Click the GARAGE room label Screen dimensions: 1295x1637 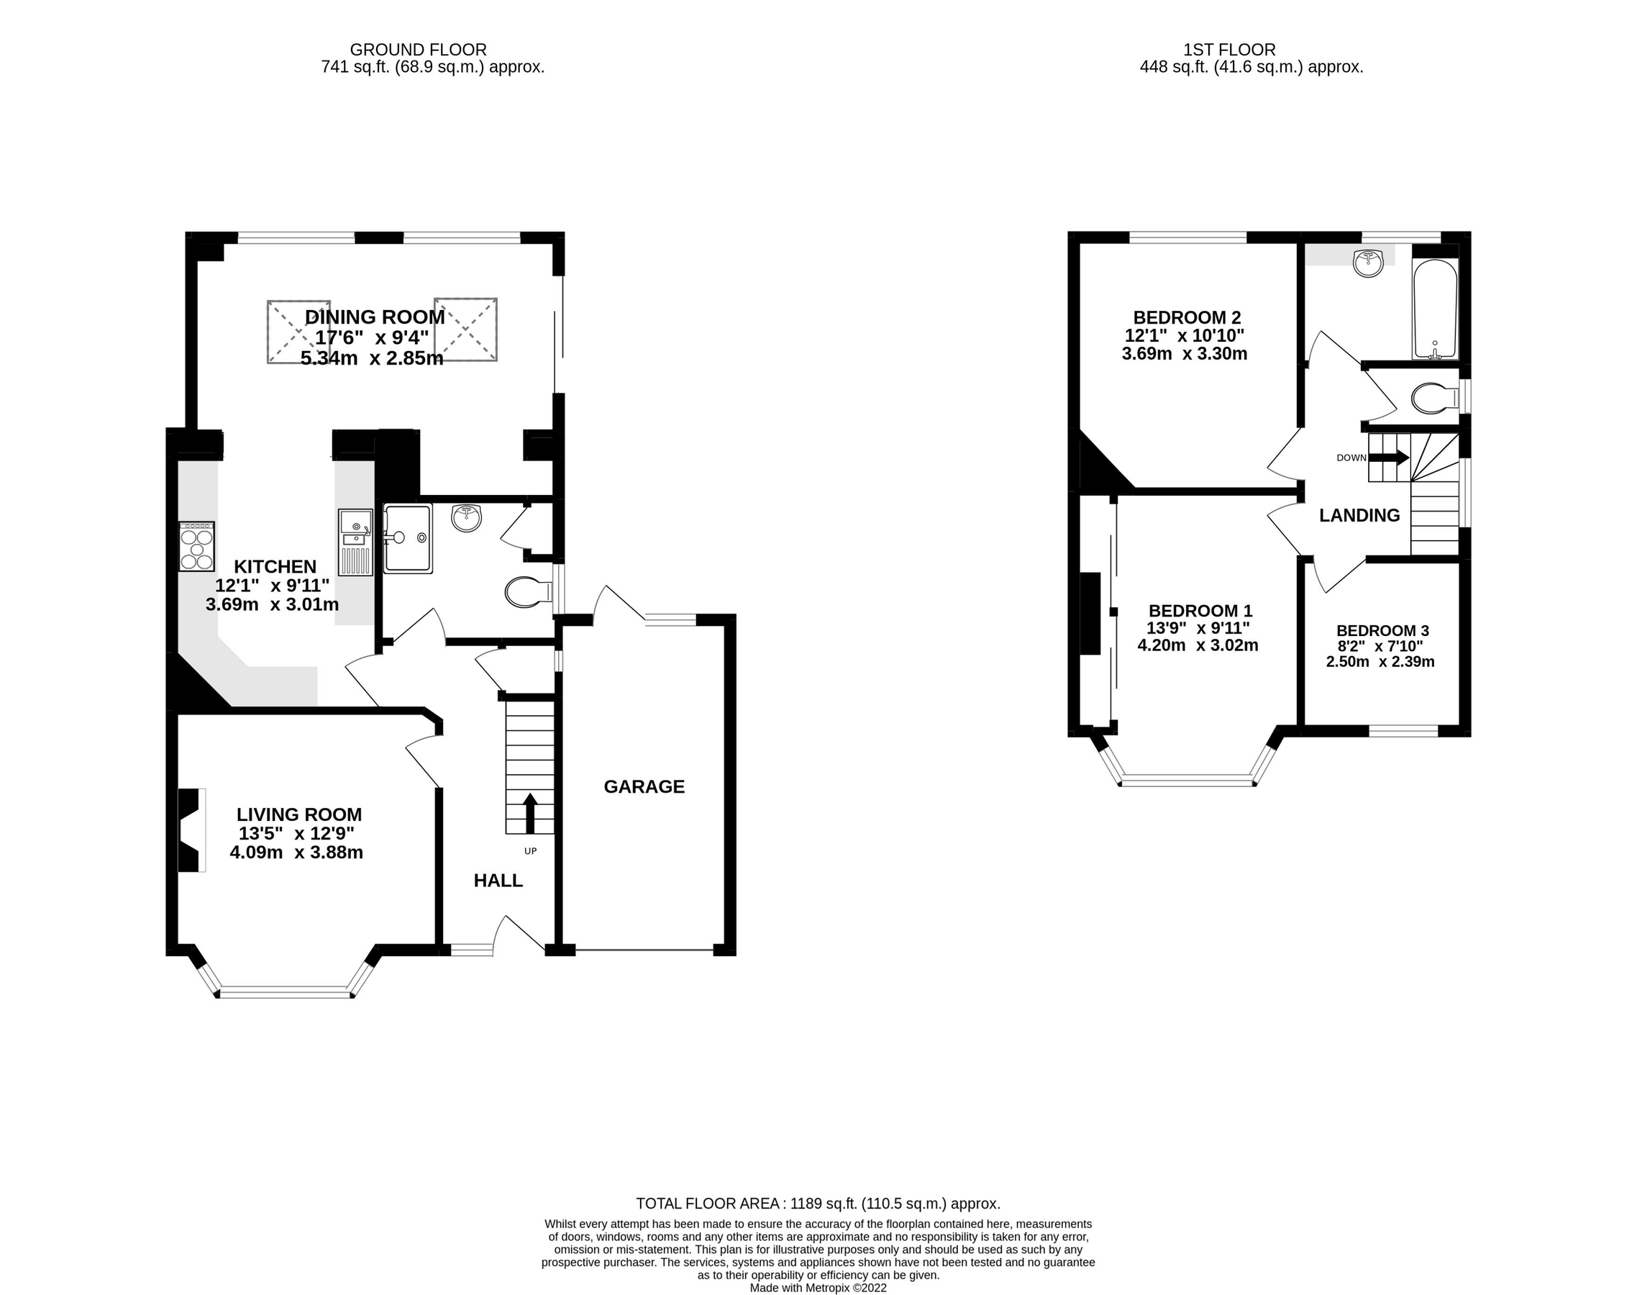[x=644, y=787]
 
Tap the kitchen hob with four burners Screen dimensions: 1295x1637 [x=197, y=546]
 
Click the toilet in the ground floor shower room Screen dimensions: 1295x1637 [x=527, y=593]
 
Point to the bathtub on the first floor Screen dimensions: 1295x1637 [x=1435, y=309]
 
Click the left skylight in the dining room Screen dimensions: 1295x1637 [x=298, y=332]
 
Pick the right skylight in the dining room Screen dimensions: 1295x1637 [x=465, y=330]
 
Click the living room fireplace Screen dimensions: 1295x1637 [x=190, y=830]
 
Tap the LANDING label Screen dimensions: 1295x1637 [x=1359, y=516]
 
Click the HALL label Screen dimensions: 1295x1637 [x=498, y=881]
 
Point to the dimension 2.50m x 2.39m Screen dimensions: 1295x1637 [x=1380, y=662]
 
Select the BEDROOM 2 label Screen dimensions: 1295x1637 [x=1186, y=318]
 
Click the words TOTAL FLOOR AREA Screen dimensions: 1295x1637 [x=708, y=1203]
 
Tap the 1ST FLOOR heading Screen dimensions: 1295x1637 [x=1229, y=50]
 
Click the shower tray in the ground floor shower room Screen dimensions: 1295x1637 [x=409, y=537]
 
